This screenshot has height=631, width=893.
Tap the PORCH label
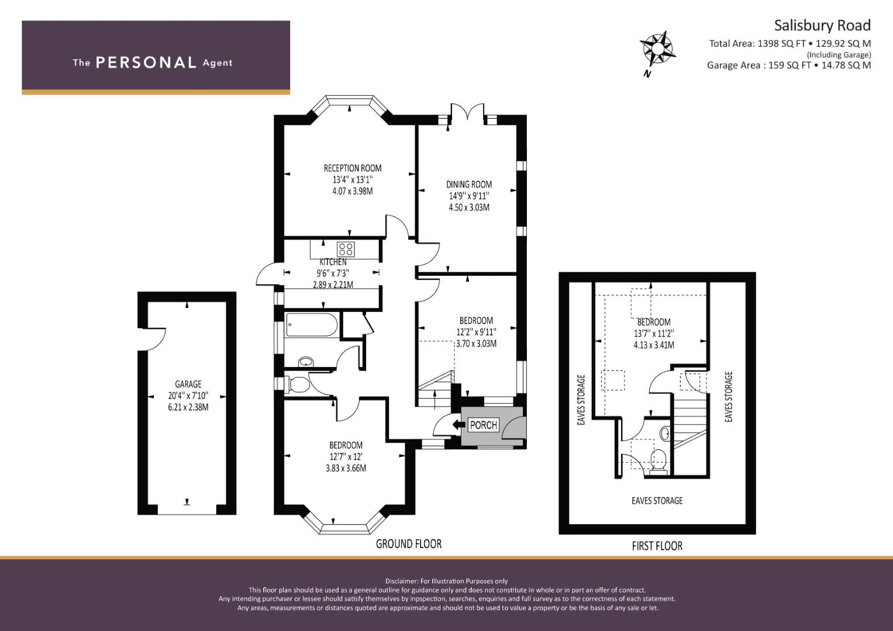[x=483, y=425]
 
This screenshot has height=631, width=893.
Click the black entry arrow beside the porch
[x=459, y=425]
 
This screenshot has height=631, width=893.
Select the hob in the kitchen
[x=346, y=249]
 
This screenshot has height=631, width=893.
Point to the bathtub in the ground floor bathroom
[x=312, y=325]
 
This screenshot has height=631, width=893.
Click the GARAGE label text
[x=188, y=384]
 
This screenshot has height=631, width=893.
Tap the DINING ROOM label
[x=469, y=185]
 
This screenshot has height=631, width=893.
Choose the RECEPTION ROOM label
[x=353, y=168]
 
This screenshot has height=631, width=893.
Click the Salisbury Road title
[x=822, y=26]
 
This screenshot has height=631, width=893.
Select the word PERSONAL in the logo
[x=146, y=63]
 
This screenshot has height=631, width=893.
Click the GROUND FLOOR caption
[x=409, y=544]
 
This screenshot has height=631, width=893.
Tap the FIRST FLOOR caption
[x=657, y=546]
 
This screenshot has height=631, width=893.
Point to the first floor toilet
[x=658, y=462]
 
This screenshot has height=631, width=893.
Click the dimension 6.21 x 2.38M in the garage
[x=188, y=407]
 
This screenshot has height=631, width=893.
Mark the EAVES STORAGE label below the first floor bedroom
[x=657, y=500]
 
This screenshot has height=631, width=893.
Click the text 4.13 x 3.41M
[x=654, y=345]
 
